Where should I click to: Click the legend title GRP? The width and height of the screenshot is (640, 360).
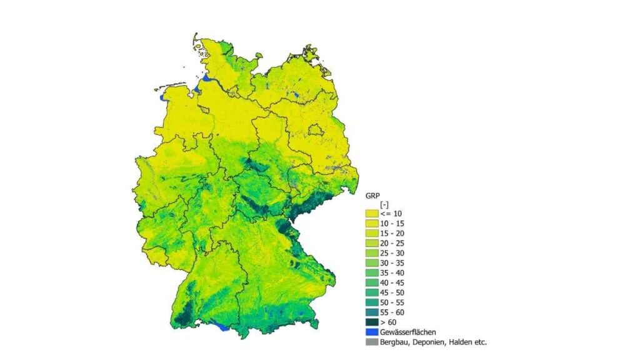tap(372, 194)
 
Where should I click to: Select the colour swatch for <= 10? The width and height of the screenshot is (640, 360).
tap(372, 214)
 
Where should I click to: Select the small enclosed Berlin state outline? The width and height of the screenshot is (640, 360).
tap(316, 129)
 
